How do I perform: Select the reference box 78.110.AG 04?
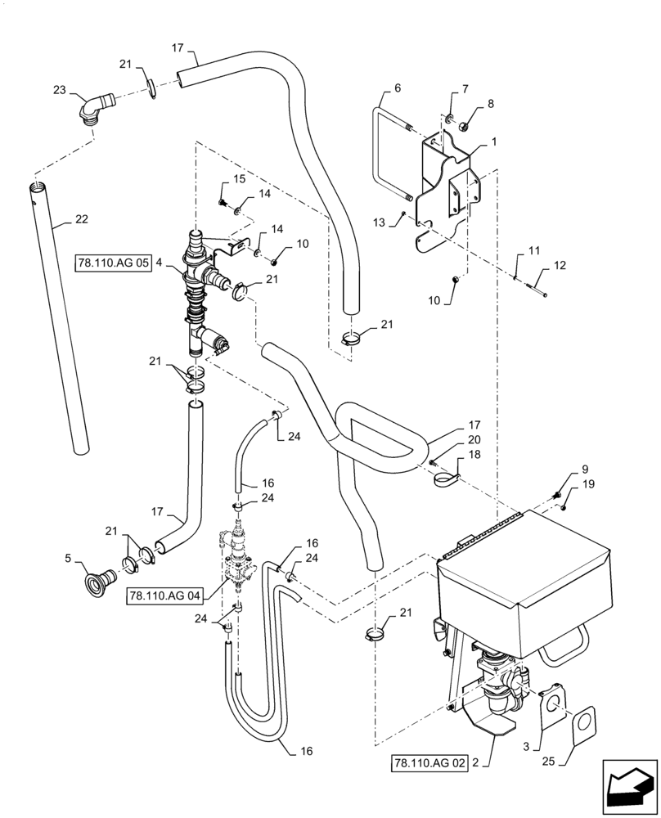(164, 596)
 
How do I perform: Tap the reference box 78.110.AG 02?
(429, 763)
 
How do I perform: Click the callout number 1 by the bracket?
(494, 142)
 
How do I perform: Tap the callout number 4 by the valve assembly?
(160, 264)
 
